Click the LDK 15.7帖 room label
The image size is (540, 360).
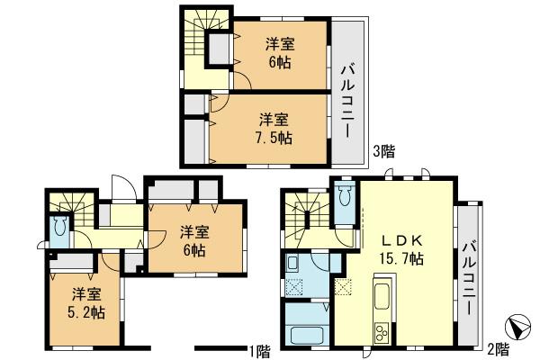click(401, 249)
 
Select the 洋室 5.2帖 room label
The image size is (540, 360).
click(87, 303)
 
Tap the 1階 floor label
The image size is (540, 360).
click(259, 349)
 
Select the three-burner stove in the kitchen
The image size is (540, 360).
click(382, 332)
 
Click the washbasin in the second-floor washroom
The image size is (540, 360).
click(294, 264)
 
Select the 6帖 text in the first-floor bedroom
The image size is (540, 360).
click(192, 250)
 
